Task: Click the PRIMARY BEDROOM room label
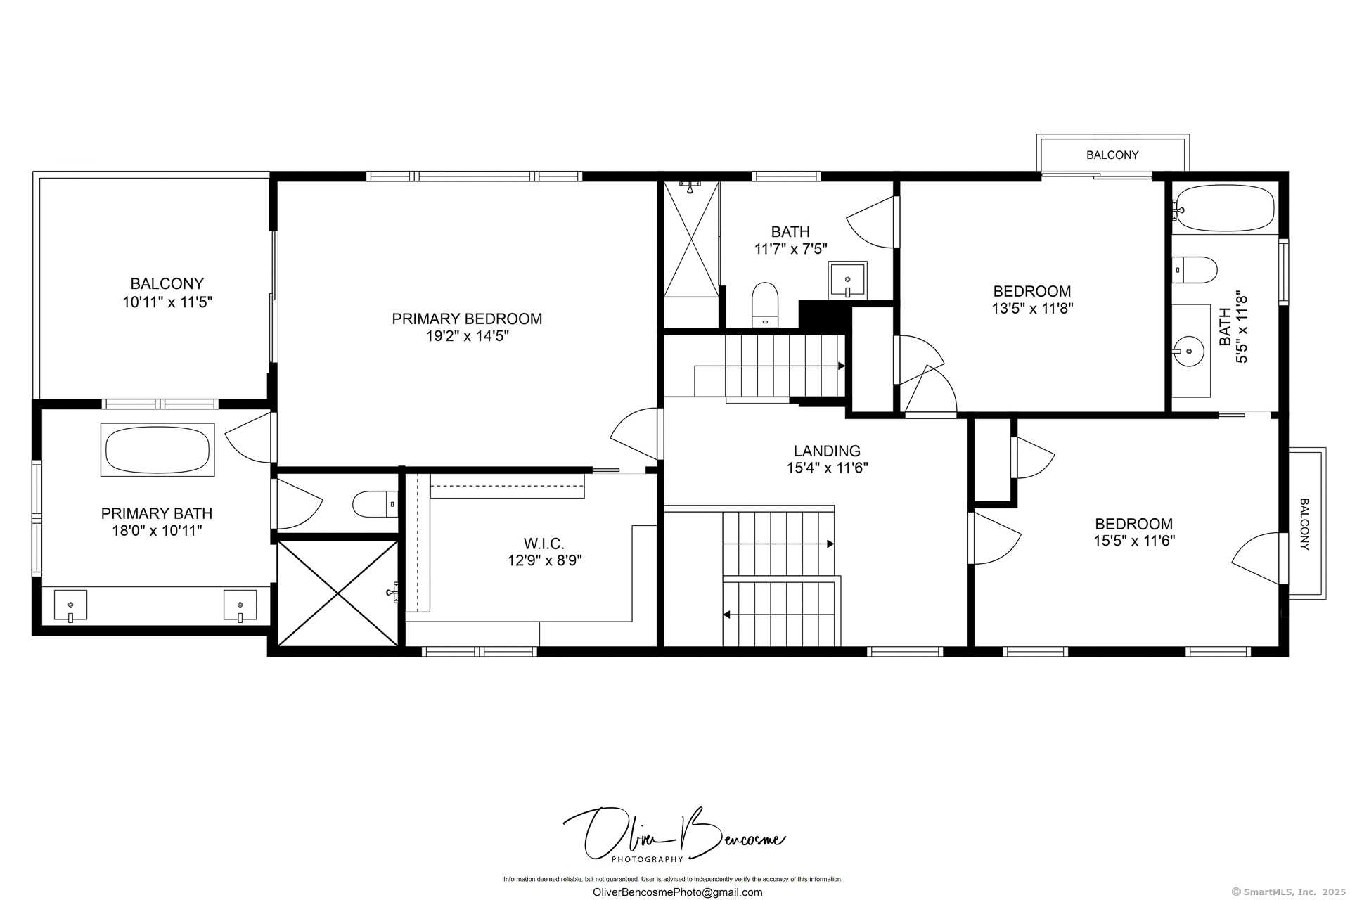point(467,319)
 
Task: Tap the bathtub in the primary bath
point(157,450)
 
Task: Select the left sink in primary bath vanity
point(70,605)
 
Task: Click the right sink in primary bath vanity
point(240,605)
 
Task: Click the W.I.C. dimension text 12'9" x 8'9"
point(544,560)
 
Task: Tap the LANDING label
point(827,451)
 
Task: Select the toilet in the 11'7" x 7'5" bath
point(765,304)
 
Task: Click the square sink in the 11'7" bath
point(847,280)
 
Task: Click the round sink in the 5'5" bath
point(1189,350)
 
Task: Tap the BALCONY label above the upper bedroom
point(1112,155)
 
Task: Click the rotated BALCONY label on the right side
point(1304,524)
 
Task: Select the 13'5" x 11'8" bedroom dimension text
point(1032,308)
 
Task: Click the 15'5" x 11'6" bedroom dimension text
point(1133,541)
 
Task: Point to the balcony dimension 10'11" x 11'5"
point(167,302)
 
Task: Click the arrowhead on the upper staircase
point(841,366)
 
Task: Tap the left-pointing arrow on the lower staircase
point(727,615)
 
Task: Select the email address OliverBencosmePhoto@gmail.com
point(677,892)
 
